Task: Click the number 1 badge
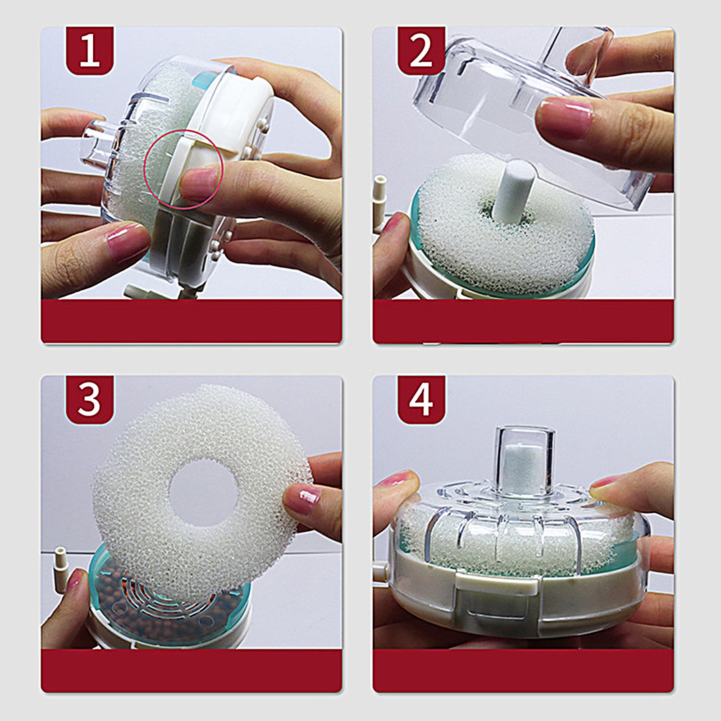click(90, 51)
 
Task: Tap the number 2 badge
click(421, 51)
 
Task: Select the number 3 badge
click(90, 400)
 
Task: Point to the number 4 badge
click(421, 400)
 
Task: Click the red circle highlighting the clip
click(144, 169)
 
